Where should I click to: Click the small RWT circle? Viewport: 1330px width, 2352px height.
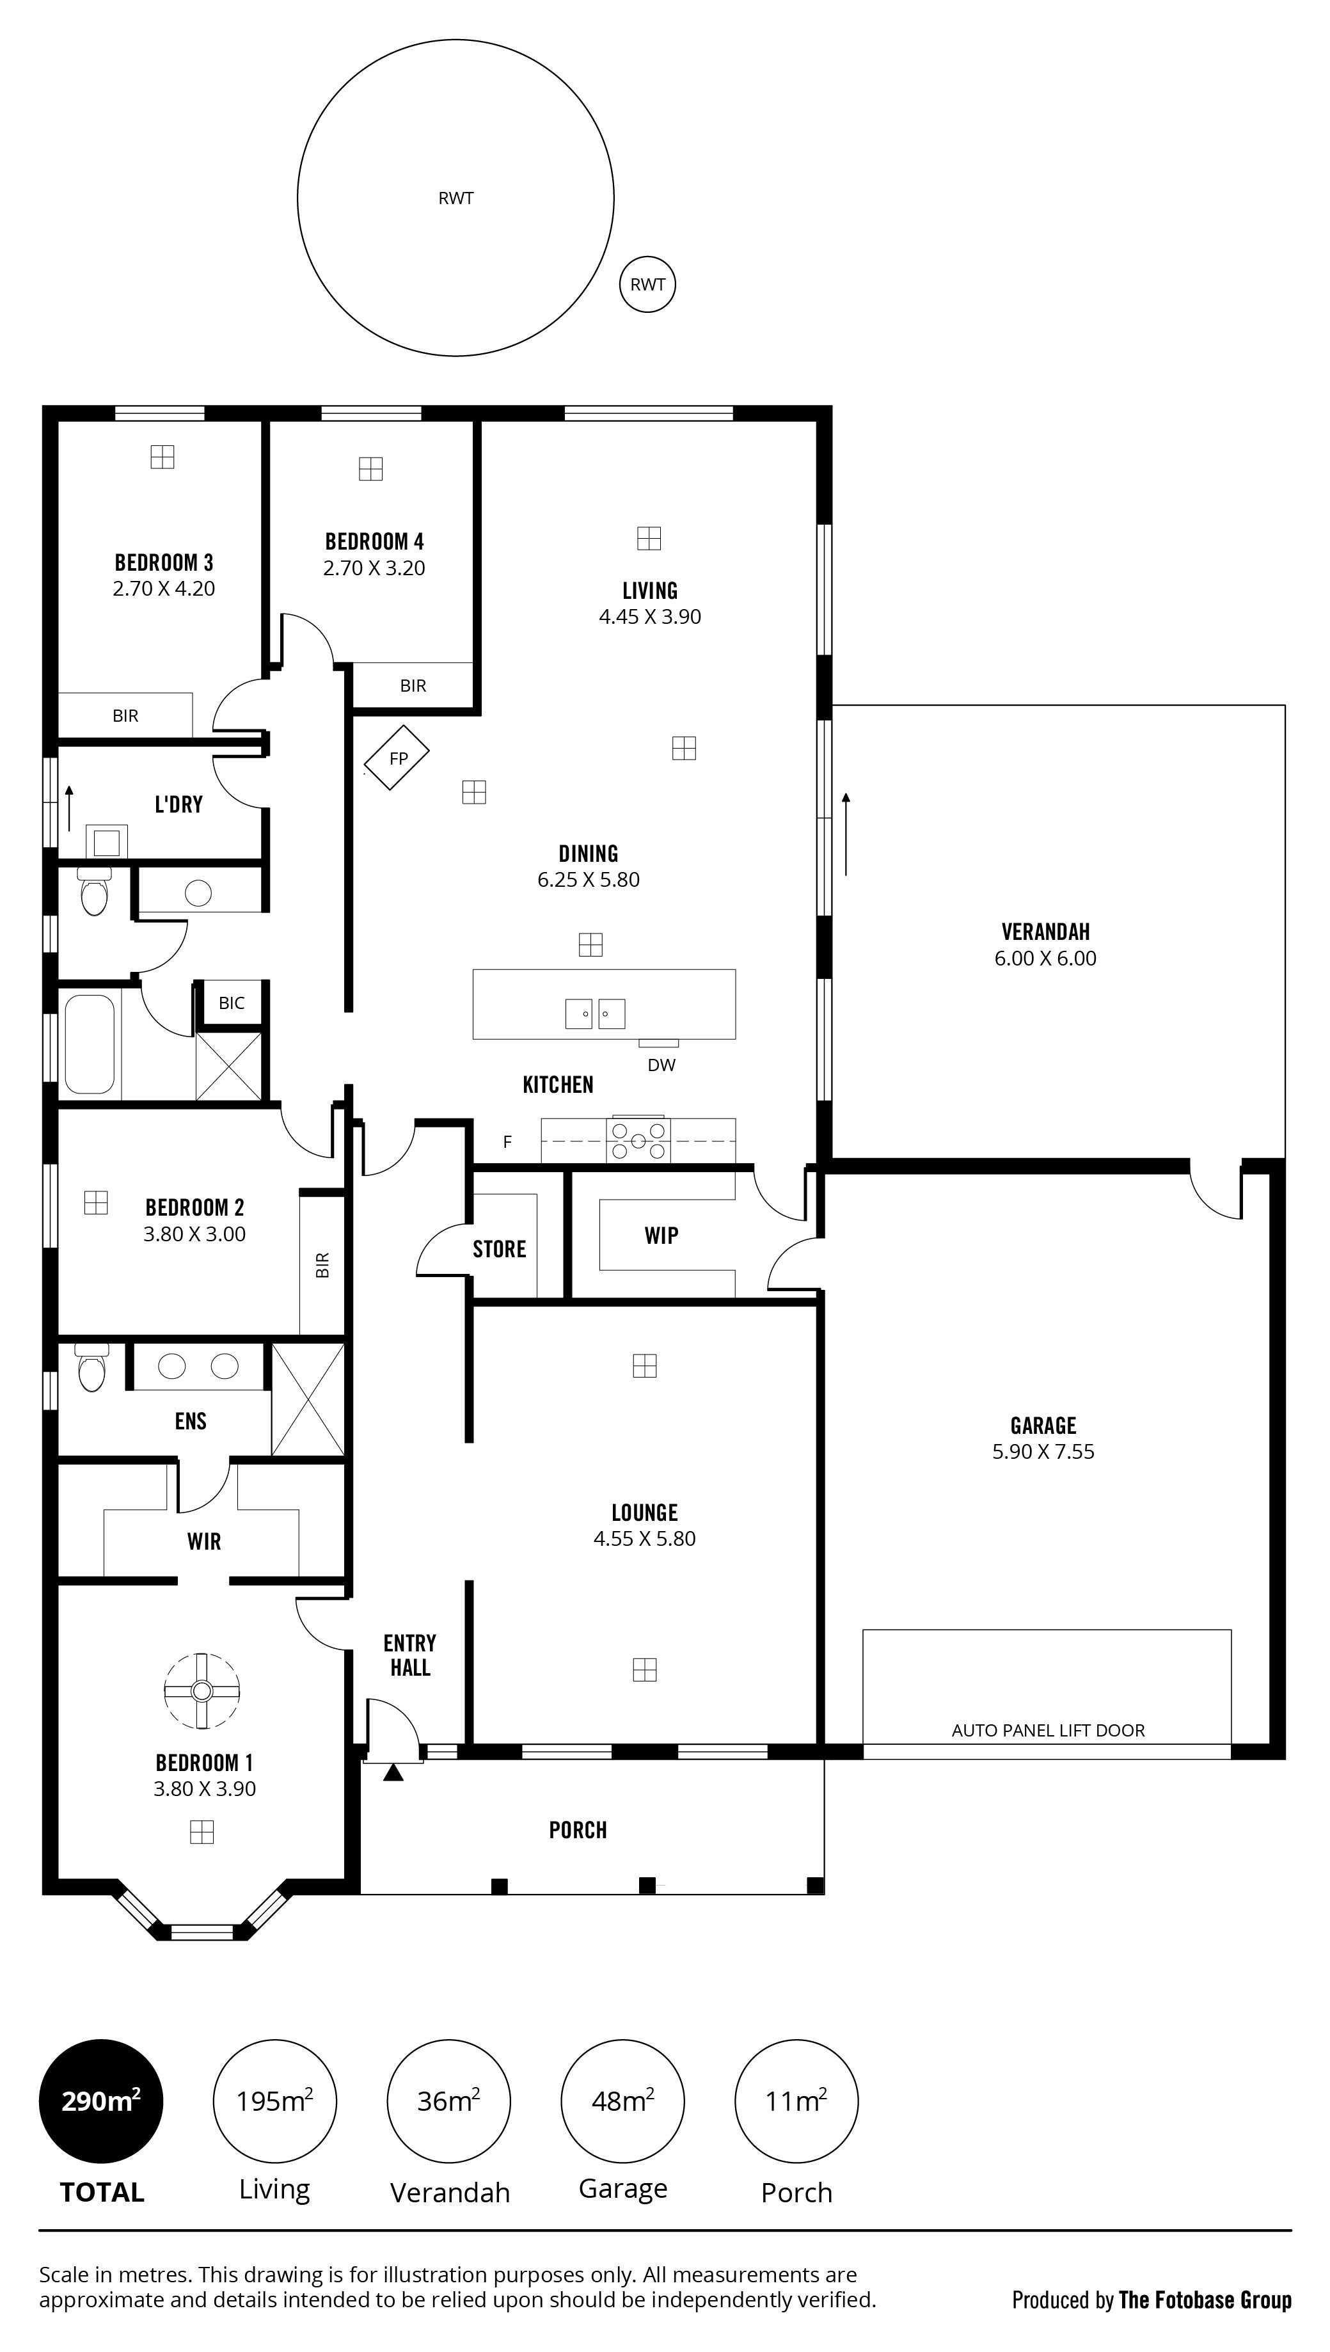647,284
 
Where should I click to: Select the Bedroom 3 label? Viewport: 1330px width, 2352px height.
164,562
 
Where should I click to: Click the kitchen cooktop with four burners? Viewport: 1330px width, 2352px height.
638,1141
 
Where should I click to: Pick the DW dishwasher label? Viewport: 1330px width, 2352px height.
661,1065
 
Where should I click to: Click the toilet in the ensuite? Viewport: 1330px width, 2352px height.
91,1367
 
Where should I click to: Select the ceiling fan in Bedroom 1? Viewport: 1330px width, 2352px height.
202,1690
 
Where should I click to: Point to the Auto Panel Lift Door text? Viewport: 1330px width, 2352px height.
1048,1731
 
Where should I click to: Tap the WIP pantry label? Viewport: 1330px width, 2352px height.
661,1236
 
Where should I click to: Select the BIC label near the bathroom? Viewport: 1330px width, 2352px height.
231,1003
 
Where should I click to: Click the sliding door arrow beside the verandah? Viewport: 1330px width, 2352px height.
846,834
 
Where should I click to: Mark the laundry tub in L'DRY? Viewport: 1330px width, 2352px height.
106,841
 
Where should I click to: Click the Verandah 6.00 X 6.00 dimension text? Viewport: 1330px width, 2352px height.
1046,958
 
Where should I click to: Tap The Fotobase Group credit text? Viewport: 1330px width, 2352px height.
1205,2300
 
